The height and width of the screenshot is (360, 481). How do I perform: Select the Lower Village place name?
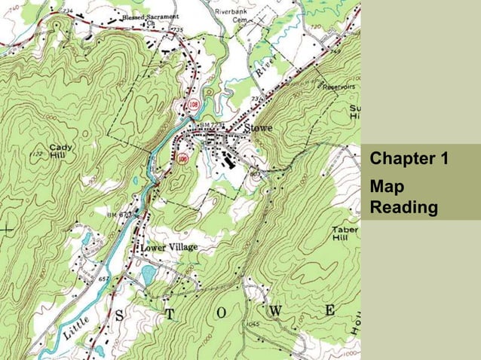click(x=169, y=247)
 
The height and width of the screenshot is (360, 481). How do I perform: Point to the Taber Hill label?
click(x=345, y=234)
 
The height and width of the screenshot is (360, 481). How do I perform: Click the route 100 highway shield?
click(x=182, y=159)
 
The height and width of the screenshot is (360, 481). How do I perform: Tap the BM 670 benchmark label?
click(x=119, y=215)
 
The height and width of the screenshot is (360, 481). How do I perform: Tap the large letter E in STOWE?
click(x=330, y=310)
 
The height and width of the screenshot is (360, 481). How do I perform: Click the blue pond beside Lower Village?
click(x=149, y=272)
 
